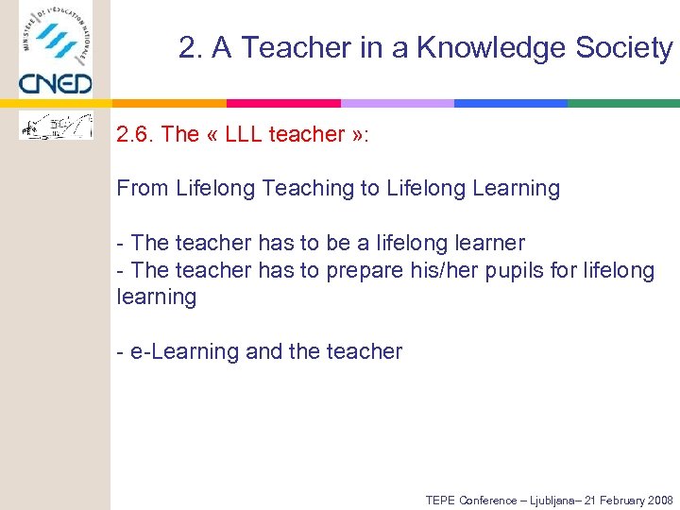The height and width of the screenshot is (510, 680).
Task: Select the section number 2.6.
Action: (x=135, y=134)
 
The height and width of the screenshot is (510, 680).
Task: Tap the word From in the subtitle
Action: (x=143, y=189)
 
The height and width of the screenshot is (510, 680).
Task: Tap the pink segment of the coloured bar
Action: (x=283, y=103)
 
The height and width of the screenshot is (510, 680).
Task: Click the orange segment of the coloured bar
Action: (x=170, y=103)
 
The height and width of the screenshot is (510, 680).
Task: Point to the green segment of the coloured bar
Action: (x=623, y=103)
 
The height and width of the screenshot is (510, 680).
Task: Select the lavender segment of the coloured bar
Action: (x=397, y=103)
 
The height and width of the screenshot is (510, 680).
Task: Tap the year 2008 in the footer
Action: (x=657, y=500)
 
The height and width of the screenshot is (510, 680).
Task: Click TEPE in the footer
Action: (x=440, y=500)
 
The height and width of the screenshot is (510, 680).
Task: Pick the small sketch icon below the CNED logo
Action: (x=57, y=126)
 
